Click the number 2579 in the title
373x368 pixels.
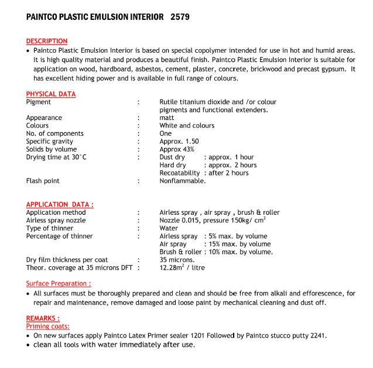click(180, 18)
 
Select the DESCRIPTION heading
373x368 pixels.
click(47, 41)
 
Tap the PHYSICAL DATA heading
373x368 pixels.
click(51, 94)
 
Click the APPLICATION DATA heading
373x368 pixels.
click(60, 204)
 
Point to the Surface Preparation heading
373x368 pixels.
click(58, 284)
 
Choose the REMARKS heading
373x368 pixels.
click(43, 318)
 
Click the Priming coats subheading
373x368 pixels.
click(47, 326)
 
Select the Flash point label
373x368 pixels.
click(42, 181)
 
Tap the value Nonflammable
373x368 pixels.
click(183, 181)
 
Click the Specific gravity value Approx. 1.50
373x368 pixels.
click(179, 142)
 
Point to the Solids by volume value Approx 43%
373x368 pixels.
click(177, 149)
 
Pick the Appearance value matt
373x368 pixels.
click(167, 118)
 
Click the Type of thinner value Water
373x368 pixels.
click(169, 228)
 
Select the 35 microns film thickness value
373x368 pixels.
click(177, 260)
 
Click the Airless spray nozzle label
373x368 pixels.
click(56, 221)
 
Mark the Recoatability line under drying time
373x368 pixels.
click(204, 173)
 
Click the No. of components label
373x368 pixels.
click(54, 133)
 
